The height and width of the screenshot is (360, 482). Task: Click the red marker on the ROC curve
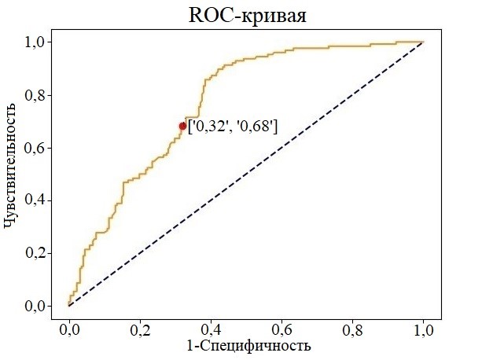(182, 126)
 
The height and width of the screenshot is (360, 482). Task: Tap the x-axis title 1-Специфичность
(248, 345)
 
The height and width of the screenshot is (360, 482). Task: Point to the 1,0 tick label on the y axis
(39, 42)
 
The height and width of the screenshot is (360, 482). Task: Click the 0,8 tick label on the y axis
(39, 95)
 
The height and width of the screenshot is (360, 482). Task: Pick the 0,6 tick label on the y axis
(39, 148)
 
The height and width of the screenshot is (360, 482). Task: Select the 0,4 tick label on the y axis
(39, 200)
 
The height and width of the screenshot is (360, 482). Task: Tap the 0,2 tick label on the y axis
(39, 253)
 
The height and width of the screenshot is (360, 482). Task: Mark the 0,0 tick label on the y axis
(39, 306)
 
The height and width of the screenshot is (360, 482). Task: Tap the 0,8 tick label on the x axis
(353, 328)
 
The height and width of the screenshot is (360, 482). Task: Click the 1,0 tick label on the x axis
(424, 328)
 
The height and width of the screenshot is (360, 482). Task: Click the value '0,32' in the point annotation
(210, 126)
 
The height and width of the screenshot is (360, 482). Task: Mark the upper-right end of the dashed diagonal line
(423, 42)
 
